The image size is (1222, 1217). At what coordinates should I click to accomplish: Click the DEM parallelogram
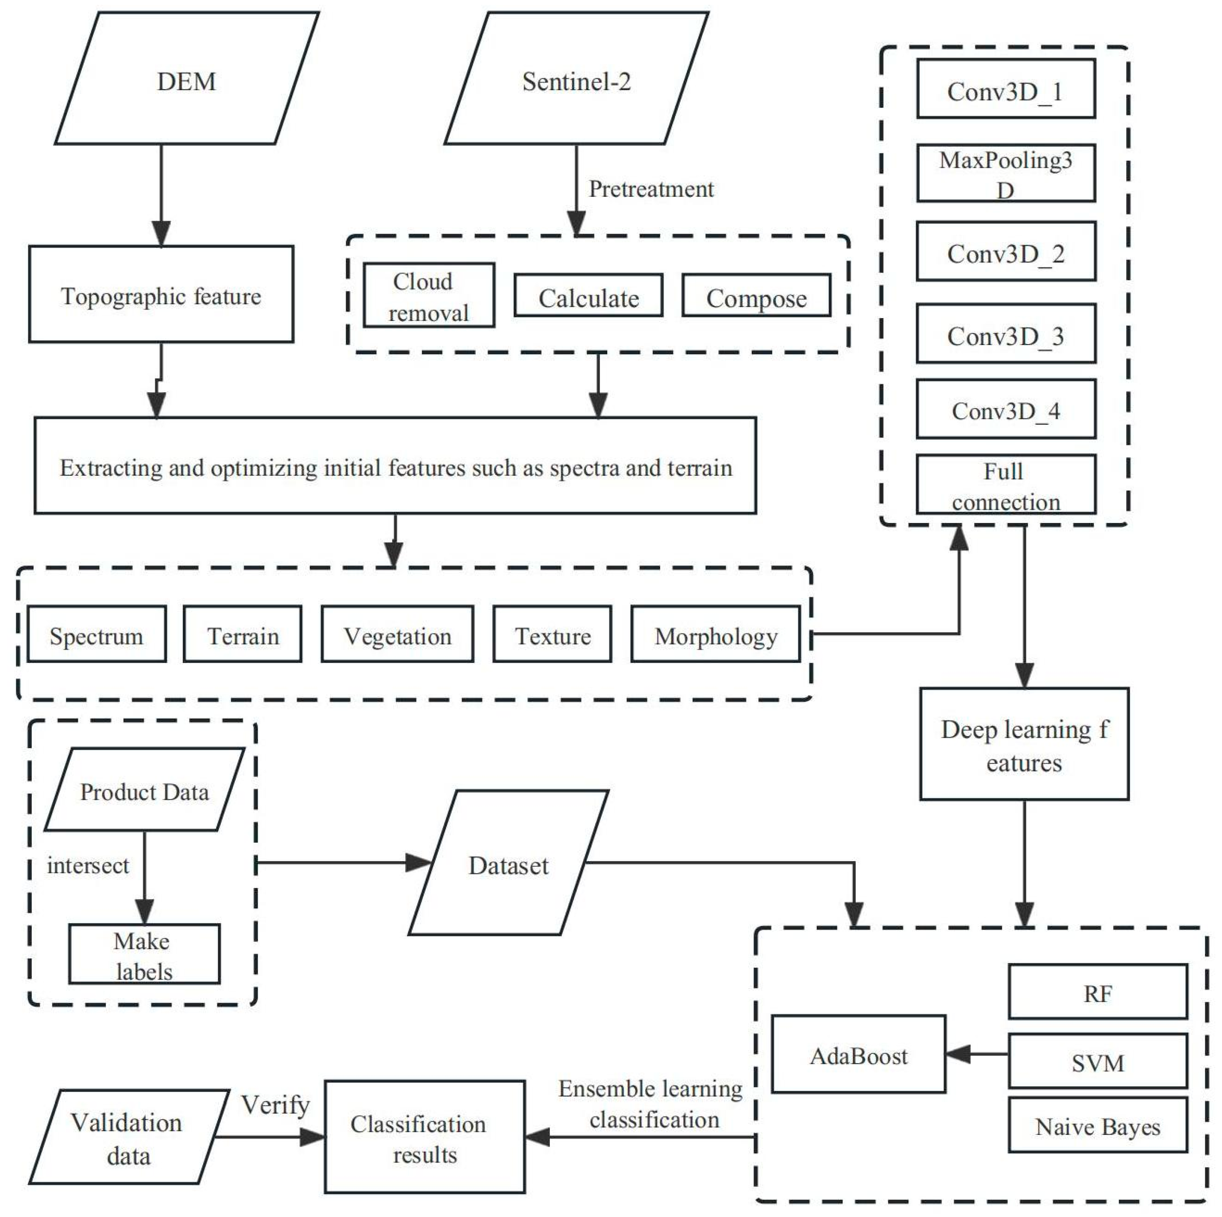[187, 79]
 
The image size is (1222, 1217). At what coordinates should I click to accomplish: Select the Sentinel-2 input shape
[576, 79]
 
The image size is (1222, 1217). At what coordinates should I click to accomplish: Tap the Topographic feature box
[161, 295]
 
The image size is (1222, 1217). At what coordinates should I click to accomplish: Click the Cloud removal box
[429, 295]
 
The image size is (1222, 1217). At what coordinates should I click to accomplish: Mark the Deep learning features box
[1024, 745]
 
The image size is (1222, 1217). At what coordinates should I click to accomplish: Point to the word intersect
[87, 865]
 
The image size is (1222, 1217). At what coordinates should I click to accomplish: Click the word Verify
[275, 1105]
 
